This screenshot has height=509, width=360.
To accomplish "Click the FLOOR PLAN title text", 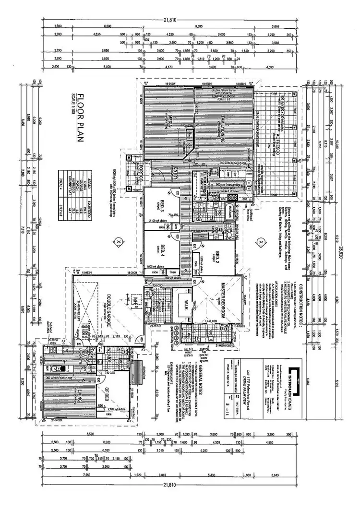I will [x=80, y=118].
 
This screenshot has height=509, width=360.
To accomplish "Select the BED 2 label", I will [x=217, y=256].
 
